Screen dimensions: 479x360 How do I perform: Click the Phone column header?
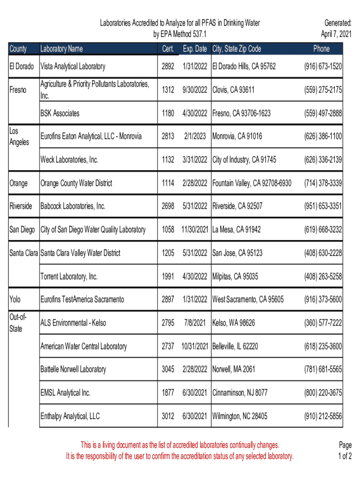(x=321, y=49)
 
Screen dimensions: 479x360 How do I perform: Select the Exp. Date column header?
(x=195, y=49)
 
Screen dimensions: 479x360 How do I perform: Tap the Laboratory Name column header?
(x=61, y=49)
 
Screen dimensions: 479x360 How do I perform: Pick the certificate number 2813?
(x=168, y=136)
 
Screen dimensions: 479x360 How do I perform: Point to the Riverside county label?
(x=21, y=206)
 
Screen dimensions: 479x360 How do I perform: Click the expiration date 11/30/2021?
(x=194, y=229)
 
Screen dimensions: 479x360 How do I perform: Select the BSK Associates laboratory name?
(x=60, y=113)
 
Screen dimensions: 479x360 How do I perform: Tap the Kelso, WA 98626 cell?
(x=233, y=323)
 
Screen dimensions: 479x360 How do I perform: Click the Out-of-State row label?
(x=18, y=323)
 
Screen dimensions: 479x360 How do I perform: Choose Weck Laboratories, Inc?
(x=69, y=160)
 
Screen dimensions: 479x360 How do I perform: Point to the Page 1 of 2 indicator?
(x=345, y=450)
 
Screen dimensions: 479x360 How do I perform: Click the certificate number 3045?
(x=168, y=369)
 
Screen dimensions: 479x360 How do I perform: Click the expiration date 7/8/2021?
(x=195, y=323)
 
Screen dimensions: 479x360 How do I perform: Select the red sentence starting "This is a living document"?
(x=180, y=444)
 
